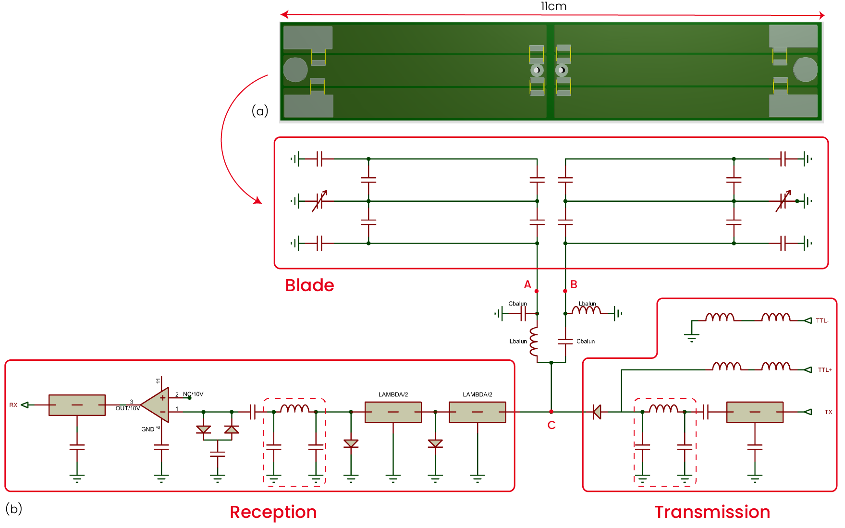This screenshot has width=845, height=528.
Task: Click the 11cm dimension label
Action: [553, 6]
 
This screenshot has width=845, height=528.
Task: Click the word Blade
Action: [309, 285]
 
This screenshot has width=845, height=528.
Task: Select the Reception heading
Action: [273, 512]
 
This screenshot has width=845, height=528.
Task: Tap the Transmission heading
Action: [712, 512]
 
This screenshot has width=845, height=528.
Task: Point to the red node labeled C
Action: [551, 412]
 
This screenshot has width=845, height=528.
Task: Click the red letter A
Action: [527, 284]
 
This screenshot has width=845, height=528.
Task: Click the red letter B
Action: [574, 284]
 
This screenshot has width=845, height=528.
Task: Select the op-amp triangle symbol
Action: [155, 405]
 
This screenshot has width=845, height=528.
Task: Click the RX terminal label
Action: [13, 405]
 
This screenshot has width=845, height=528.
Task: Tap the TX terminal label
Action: [828, 412]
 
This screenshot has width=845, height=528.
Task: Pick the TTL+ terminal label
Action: [825, 370]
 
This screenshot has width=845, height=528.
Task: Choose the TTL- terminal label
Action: [822, 320]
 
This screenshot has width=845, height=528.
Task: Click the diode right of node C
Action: [597, 412]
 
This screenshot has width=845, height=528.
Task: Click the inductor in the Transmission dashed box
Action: [663, 409]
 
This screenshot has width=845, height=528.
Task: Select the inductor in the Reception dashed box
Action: [294, 409]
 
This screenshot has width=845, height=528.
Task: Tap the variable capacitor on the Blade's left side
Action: [320, 201]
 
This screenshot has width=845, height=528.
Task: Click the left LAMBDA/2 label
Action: [393, 394]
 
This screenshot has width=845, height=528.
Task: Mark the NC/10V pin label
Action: [193, 394]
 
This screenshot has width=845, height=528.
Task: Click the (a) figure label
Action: [260, 111]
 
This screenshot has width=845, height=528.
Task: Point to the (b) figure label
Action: [14, 508]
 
